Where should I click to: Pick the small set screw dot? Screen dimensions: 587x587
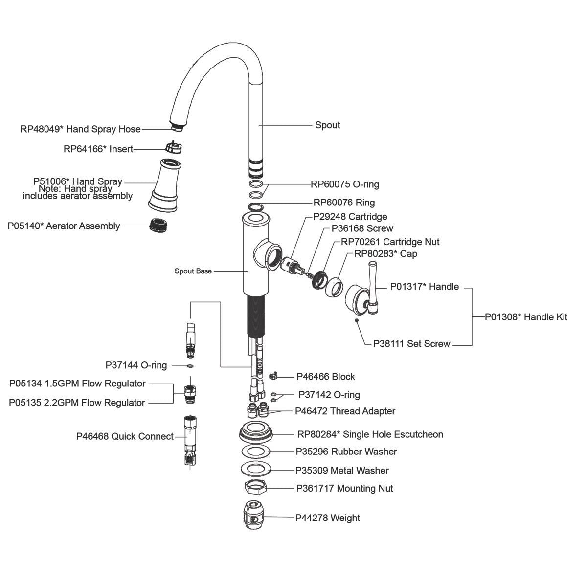[358, 320]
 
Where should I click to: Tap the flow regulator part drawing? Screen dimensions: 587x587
[189, 392]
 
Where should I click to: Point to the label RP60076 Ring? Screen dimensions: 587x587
[344, 203]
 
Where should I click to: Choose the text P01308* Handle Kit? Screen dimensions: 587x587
[526, 317]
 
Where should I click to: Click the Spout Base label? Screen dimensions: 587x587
[193, 271]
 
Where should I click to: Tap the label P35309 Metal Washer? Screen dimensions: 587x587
[342, 471]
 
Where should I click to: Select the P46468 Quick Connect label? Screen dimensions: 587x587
[125, 436]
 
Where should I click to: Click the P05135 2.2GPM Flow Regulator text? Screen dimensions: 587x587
[77, 403]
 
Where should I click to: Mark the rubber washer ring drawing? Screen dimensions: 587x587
[256, 451]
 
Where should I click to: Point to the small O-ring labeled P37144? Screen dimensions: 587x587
[190, 365]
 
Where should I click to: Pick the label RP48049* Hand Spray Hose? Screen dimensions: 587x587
[80, 129]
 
